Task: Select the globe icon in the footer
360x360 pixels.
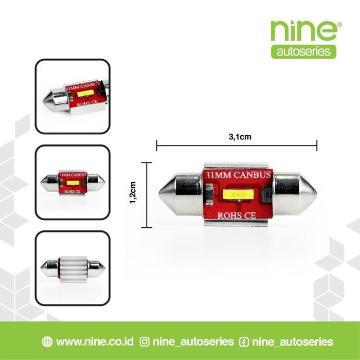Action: coord(47,341)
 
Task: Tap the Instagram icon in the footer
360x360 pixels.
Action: coord(145,341)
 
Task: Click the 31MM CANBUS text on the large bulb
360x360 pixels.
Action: coord(237,176)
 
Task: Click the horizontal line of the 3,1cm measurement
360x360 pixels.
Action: coord(237,146)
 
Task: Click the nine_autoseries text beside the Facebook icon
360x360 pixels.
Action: coord(293,341)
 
